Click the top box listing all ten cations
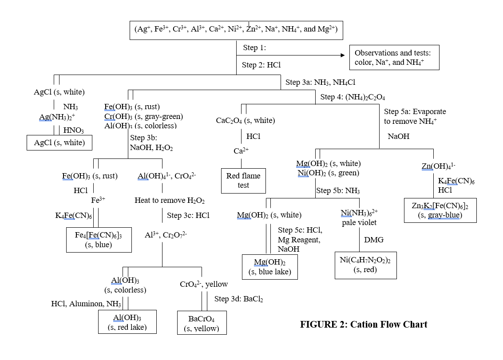pos(236,30)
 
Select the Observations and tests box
pos(394,57)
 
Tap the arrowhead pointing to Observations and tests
pos(342,55)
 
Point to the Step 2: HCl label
pos(261,65)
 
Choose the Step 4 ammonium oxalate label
pos(352,97)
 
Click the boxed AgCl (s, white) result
pos(59,143)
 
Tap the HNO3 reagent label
pos(74,131)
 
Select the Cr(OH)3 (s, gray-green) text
pos(143,116)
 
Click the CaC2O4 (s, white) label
pos(245,120)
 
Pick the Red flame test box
pos(243,181)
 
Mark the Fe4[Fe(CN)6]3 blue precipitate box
pos(99,240)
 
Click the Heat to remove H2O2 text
pos(170,201)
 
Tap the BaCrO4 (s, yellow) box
pos(202,324)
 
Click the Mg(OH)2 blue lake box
pos(269,267)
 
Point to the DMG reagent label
pos(374,240)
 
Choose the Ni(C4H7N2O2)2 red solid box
pos(365,265)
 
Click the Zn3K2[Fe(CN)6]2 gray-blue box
pos(440,210)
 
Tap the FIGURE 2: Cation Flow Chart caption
pos(364,324)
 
